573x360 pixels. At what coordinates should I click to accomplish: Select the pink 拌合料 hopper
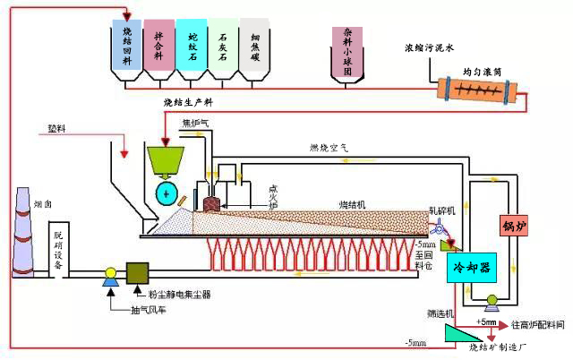(x=159, y=44)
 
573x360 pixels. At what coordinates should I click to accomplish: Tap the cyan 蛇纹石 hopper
(x=190, y=44)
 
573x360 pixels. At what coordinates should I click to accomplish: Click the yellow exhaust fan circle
(x=110, y=273)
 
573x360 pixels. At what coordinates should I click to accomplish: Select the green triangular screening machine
(x=463, y=333)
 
